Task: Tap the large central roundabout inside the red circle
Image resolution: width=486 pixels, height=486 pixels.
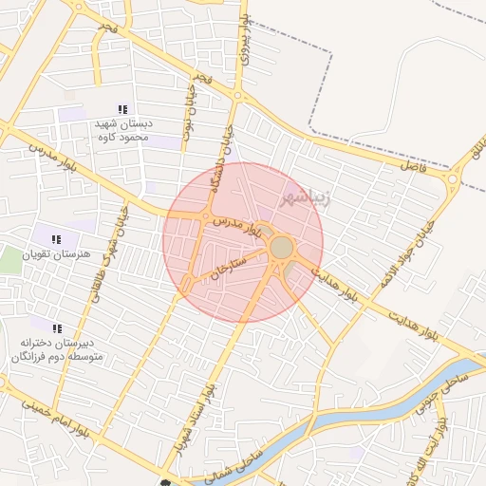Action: tap(282, 248)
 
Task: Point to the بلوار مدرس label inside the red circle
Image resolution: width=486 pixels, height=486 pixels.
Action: tap(235, 226)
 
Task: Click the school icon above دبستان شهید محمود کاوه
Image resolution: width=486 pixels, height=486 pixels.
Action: tap(121, 110)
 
